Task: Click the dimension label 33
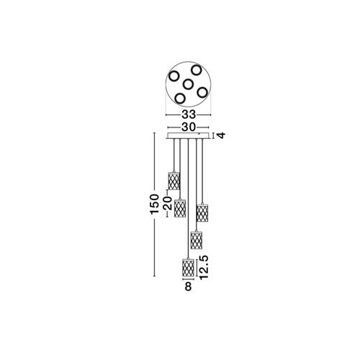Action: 189,115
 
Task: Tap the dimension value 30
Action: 189,127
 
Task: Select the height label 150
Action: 154,204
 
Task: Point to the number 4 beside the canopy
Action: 222,135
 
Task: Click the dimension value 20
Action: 168,203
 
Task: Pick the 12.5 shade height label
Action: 203,267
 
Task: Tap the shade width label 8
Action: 189,287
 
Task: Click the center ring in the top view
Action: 188,84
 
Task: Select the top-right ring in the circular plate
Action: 197,70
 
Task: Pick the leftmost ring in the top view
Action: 174,76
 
